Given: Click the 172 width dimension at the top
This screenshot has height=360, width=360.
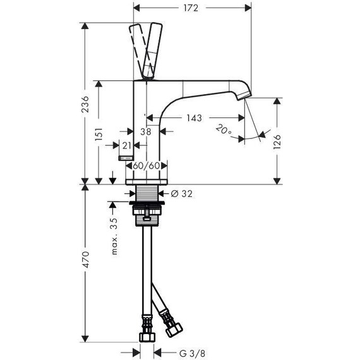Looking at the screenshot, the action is (x=191, y=8).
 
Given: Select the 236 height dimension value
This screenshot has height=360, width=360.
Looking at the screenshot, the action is (x=85, y=104).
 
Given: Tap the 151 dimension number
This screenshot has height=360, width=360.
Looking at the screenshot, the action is (x=99, y=135).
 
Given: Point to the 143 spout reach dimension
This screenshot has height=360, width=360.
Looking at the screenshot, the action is (x=194, y=118).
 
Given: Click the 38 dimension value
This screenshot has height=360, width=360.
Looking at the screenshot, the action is (x=146, y=132).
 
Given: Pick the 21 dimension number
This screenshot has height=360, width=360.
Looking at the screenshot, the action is (x=126, y=145).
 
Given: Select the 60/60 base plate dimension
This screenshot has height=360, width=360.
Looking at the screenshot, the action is (x=147, y=165).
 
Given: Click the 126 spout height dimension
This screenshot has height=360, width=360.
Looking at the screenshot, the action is (x=277, y=142).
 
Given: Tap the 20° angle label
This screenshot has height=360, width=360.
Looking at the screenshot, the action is (x=224, y=129).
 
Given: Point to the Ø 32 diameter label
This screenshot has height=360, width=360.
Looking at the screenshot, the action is (x=182, y=194).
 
